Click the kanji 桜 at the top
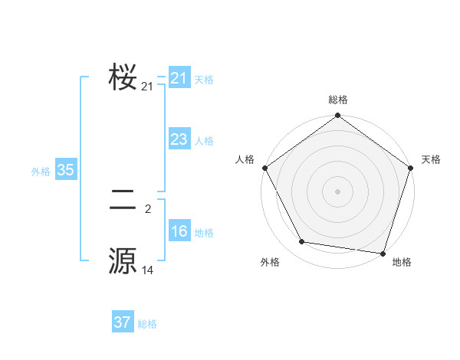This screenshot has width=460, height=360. (123, 77)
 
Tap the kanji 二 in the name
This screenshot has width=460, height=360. (123, 201)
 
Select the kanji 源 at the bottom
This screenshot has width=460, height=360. (123, 260)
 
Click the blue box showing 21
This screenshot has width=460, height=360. (179, 78)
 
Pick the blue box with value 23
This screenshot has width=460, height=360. (179, 139)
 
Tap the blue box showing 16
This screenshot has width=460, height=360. (179, 232)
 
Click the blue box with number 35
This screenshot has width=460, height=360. (66, 171)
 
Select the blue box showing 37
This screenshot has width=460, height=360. (123, 322)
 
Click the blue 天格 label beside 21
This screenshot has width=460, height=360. (204, 79)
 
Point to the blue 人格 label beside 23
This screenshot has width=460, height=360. (204, 141)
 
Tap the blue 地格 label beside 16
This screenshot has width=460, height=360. (204, 233)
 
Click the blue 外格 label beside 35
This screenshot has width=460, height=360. (41, 172)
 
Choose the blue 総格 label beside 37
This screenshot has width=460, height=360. (147, 324)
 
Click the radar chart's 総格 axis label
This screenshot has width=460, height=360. (338, 100)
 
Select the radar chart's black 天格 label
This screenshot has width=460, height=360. (432, 159)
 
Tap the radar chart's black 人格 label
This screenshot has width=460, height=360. (245, 159)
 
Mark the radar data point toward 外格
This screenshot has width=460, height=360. (302, 242)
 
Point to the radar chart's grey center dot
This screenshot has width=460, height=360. (338, 191)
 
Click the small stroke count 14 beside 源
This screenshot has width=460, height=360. (148, 270)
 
